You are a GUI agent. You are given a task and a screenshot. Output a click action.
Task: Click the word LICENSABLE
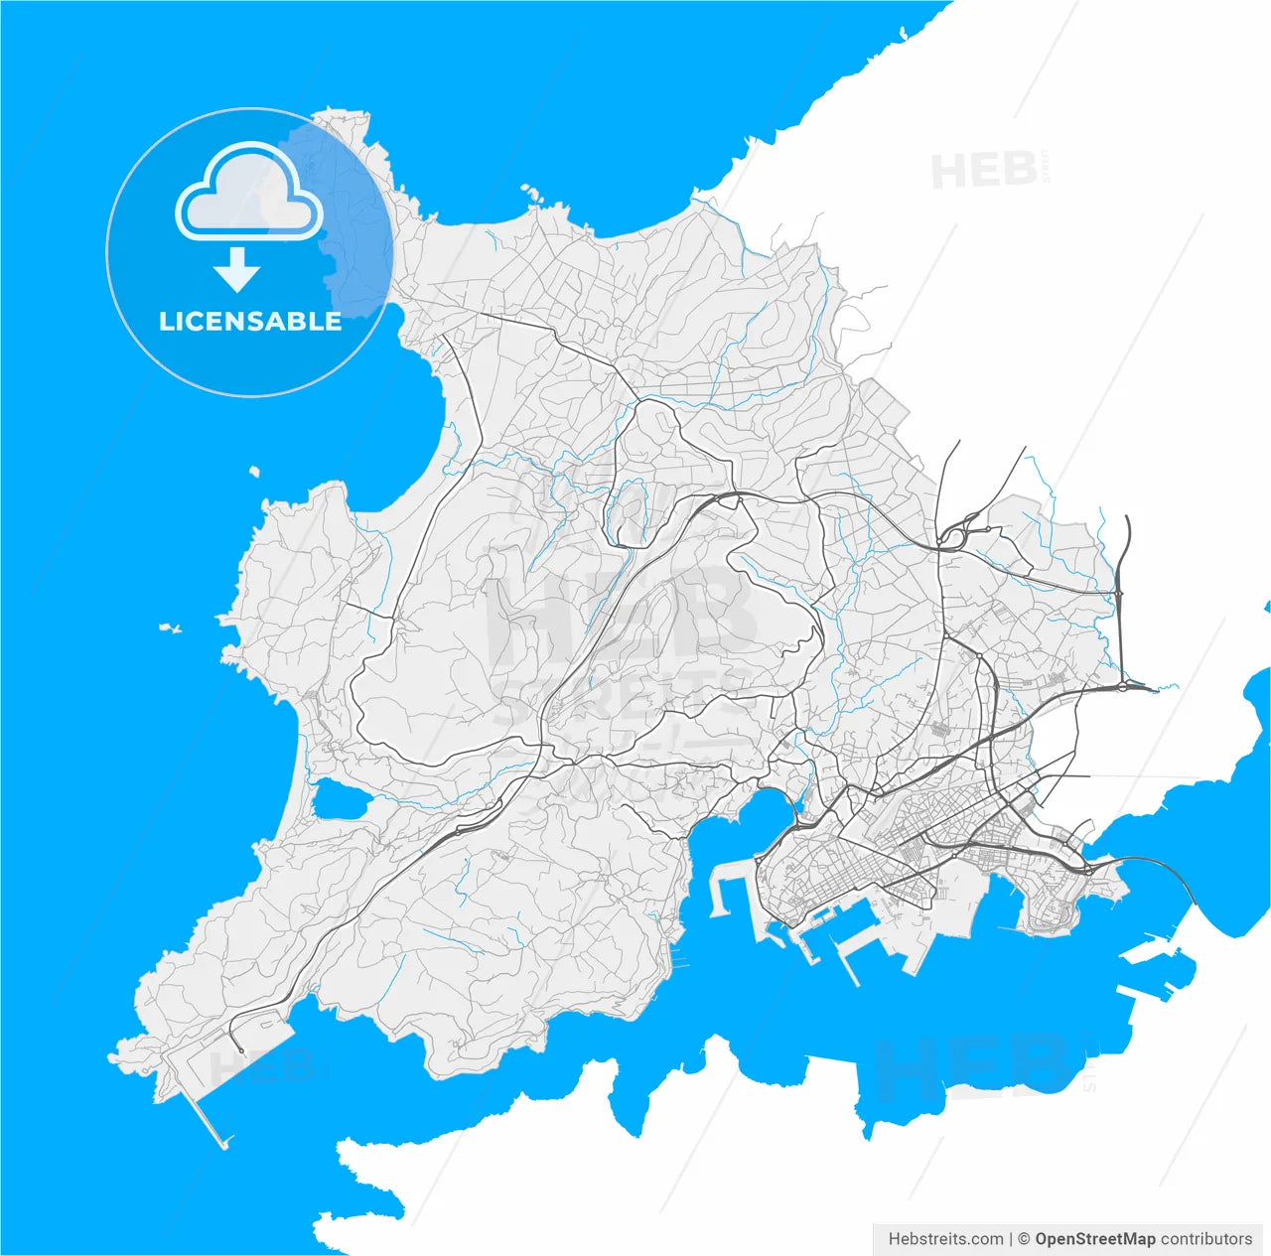[x=250, y=321]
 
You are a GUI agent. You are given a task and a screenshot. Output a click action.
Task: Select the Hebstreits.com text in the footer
[x=945, y=1238]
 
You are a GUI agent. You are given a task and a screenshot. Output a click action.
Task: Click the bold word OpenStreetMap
[x=1095, y=1238]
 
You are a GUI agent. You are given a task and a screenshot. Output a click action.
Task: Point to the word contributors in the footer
[x=1206, y=1238]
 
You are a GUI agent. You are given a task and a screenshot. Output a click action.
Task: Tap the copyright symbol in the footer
[x=1023, y=1238]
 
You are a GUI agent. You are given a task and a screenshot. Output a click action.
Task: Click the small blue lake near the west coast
[x=338, y=799]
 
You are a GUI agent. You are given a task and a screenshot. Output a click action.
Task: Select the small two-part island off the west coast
[x=171, y=628]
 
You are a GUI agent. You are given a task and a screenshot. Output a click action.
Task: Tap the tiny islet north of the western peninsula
[x=254, y=472]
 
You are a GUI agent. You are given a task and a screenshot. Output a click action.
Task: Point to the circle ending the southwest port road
[x=241, y=1049]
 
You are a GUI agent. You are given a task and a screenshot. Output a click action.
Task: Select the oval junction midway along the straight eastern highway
[x=1119, y=594]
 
